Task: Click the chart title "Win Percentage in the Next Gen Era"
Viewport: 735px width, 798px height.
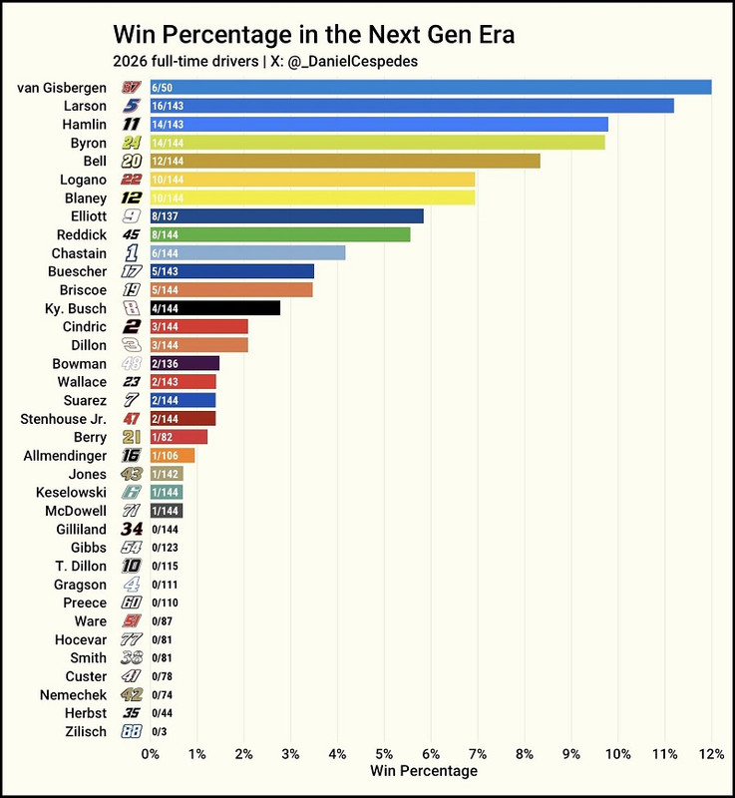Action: coord(313,34)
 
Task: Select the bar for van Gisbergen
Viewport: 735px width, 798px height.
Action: coord(430,88)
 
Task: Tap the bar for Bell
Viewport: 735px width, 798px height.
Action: coord(345,161)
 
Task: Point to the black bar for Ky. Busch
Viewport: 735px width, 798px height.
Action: coord(214,308)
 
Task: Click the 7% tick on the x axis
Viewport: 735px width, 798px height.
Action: coord(478,753)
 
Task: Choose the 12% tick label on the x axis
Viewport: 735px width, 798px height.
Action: coord(711,753)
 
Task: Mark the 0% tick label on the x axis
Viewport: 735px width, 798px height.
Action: coord(150,753)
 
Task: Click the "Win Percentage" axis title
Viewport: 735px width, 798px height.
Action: coord(423,771)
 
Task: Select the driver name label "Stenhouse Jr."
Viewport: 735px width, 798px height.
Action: coord(62,419)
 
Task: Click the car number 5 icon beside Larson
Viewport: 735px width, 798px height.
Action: coord(131,106)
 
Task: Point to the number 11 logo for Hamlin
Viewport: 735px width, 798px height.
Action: coord(131,125)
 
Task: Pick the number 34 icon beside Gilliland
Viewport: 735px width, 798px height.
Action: coord(131,529)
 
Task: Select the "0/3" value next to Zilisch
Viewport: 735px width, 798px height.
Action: coord(161,732)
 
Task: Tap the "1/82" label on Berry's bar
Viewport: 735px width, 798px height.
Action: coord(164,437)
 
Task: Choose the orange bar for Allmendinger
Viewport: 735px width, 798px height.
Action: coord(172,456)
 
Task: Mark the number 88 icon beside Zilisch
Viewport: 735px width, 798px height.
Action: coord(131,731)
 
